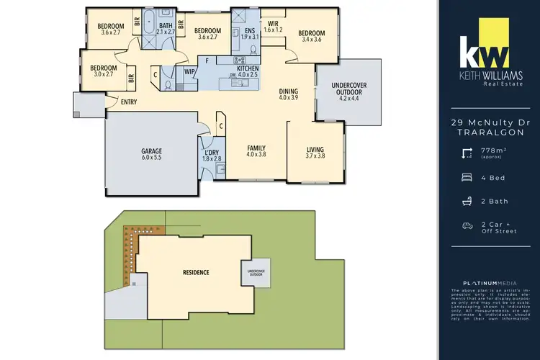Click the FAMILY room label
point(256,150)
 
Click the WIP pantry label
point(189,71)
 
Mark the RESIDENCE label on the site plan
point(196,272)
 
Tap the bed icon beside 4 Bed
point(468,176)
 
